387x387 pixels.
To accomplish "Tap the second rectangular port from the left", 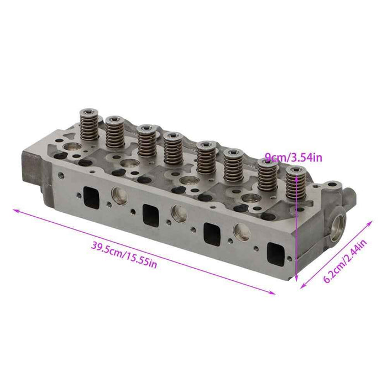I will click(x=149, y=213).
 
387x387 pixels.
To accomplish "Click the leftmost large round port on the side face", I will click(x=119, y=195).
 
